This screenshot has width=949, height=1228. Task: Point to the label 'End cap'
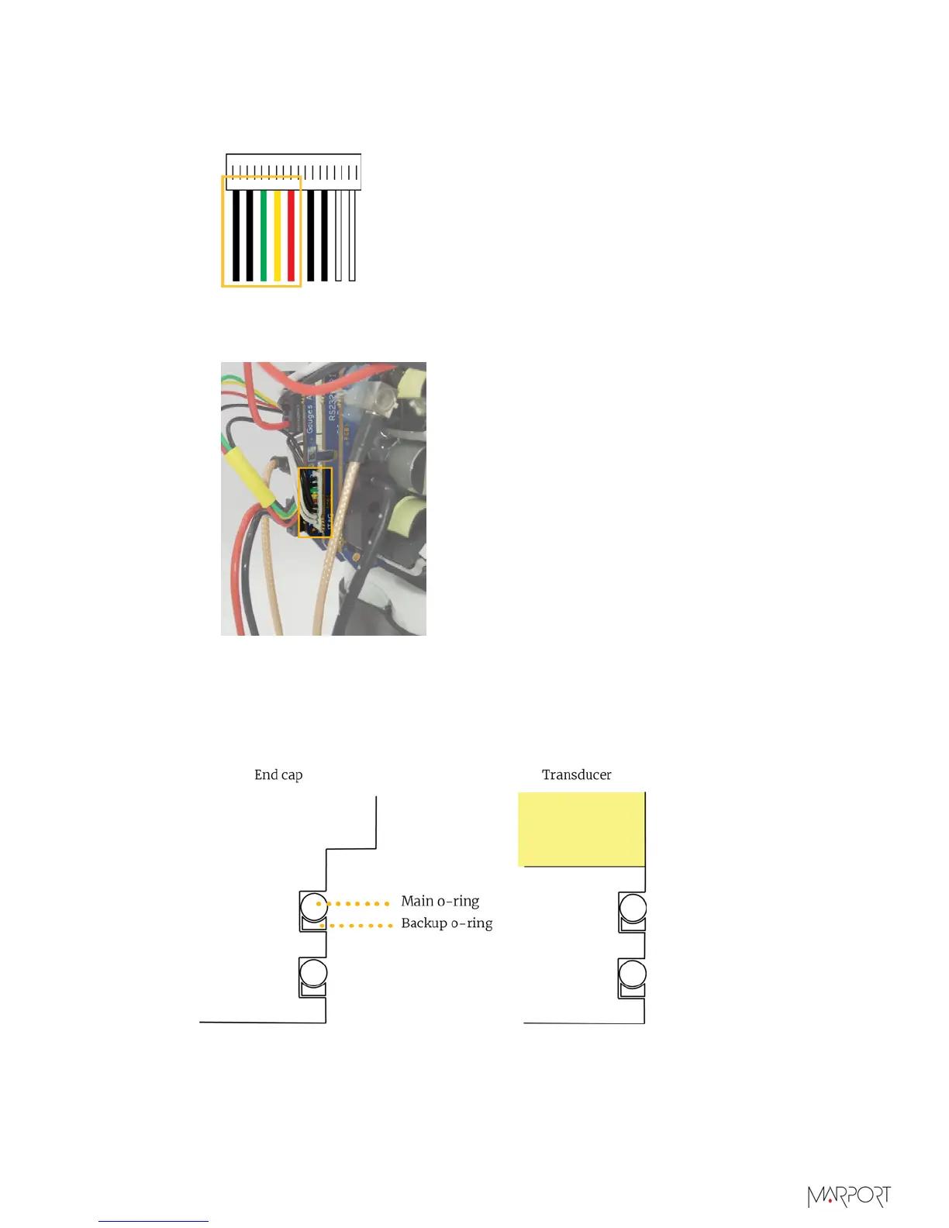click(278, 774)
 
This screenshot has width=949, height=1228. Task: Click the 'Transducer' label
click(576, 774)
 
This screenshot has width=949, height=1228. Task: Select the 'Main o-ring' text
click(440, 901)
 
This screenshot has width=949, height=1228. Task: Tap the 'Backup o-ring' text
click(447, 923)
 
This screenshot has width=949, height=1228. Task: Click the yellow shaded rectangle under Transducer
click(581, 829)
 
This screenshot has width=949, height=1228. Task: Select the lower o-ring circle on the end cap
click(313, 972)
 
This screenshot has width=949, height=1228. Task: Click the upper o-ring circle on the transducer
click(632, 907)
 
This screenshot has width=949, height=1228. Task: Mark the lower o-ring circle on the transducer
click(632, 973)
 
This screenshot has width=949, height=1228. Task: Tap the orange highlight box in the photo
click(316, 502)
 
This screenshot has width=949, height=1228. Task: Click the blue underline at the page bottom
click(154, 1221)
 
